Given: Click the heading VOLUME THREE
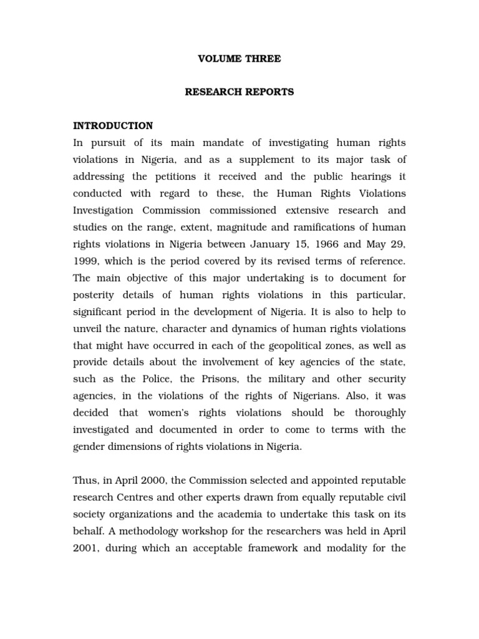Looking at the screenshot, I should (x=239, y=59).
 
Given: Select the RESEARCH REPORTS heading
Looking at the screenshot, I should (x=239, y=92).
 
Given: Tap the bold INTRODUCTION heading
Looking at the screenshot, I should (x=113, y=126).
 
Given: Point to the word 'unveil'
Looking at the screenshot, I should (x=87, y=328).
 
